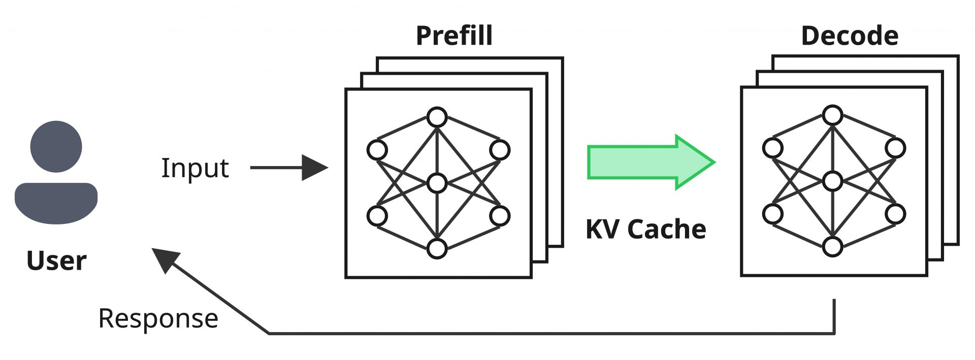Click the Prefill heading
454,36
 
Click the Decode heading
850,36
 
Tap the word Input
195,168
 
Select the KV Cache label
645,229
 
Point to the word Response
158,318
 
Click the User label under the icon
56,260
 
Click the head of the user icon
56,146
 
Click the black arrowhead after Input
314,168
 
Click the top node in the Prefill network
437,117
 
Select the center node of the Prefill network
437,183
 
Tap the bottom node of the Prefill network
437,249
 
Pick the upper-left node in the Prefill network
377,150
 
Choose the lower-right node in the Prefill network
500,216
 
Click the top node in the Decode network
832,115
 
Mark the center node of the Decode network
832,181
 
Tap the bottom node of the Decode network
832,247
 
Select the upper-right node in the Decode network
895,148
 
